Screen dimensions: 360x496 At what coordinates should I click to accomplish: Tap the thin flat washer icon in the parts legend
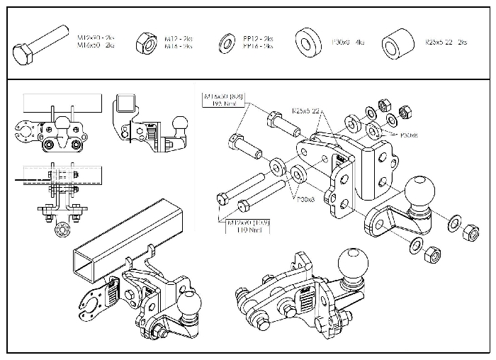tap(228, 40)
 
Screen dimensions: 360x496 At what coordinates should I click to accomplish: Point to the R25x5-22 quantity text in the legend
tap(446, 43)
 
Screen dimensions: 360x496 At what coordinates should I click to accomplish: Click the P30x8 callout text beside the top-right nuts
tap(410, 134)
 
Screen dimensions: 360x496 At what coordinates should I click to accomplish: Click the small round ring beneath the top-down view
tap(61, 227)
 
